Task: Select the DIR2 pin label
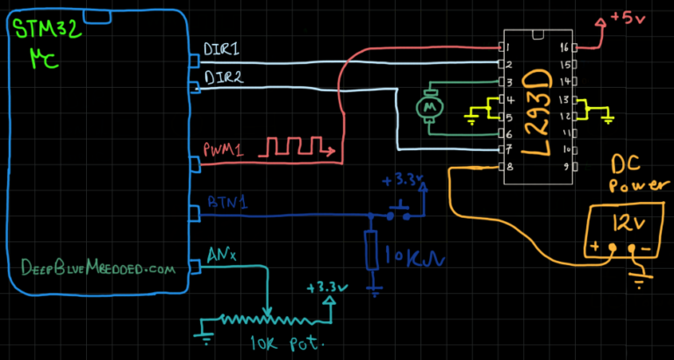coord(223,78)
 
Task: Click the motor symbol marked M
coord(430,106)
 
